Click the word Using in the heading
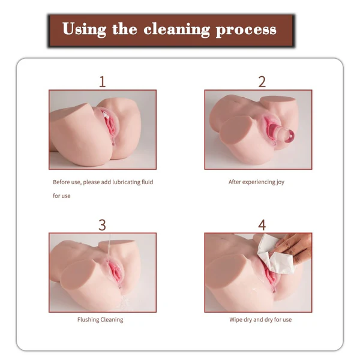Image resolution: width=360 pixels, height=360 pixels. (x=84, y=29)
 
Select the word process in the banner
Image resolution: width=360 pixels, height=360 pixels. (x=246, y=30)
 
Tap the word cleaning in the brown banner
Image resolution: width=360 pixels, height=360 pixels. (x=177, y=30)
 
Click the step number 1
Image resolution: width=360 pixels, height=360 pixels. (x=103, y=82)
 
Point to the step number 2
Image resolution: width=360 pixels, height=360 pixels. (x=262, y=82)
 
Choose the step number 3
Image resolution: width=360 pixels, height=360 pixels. (x=103, y=225)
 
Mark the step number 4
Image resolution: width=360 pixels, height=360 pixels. (x=262, y=225)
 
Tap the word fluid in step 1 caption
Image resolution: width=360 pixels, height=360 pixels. (x=147, y=182)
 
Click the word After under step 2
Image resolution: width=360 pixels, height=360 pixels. (x=235, y=182)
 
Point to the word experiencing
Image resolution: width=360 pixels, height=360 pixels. (x=259, y=182)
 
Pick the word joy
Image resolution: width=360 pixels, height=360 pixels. (x=280, y=182)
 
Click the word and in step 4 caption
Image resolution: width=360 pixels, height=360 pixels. (x=258, y=320)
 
